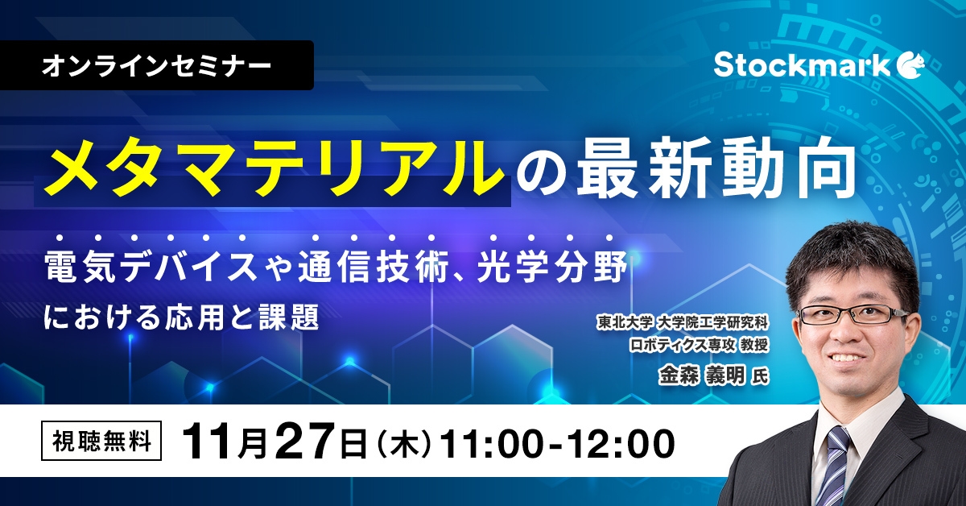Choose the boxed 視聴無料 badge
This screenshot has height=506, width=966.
pos(101,442)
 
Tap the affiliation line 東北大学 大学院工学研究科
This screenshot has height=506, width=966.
pos(683,322)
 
